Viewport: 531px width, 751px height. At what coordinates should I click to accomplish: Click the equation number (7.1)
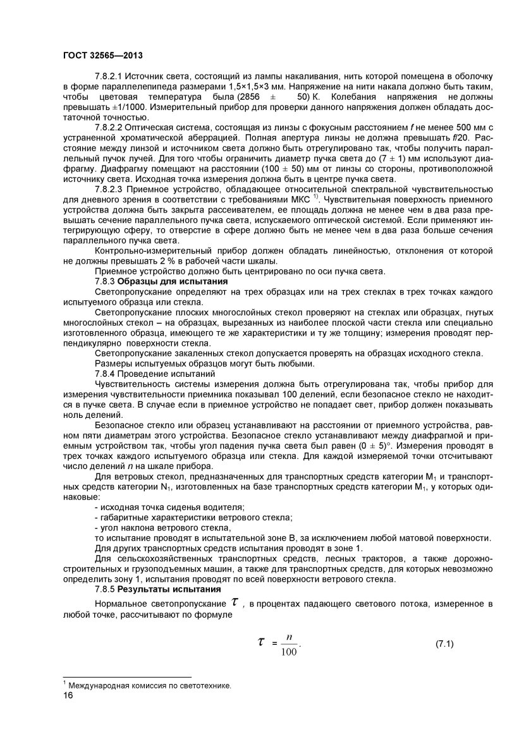pyautogui.click(x=445, y=644)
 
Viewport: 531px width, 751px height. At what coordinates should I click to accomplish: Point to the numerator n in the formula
pyautogui.click(x=289, y=637)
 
